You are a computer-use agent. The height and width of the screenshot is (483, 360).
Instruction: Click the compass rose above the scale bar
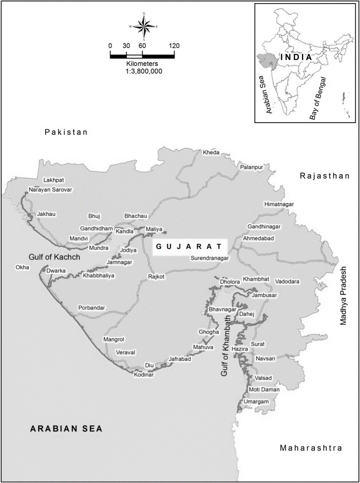tap(144, 26)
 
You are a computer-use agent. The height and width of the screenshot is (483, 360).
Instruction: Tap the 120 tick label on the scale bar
tap(174, 46)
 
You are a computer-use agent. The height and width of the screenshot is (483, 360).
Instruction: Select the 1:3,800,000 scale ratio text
tap(144, 72)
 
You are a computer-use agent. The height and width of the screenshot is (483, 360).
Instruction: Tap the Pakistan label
tap(66, 132)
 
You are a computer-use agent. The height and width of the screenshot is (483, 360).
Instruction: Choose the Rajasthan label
tap(325, 176)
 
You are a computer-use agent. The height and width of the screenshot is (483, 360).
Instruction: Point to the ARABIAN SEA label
tap(66, 428)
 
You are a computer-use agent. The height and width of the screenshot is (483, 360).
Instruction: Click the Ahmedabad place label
tap(258, 238)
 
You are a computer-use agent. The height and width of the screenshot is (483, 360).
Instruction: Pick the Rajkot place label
tap(156, 276)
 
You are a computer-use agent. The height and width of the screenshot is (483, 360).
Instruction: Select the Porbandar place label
tap(91, 308)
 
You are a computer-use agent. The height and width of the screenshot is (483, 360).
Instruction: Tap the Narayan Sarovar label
tap(50, 189)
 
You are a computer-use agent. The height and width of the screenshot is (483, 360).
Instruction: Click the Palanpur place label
tap(252, 167)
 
